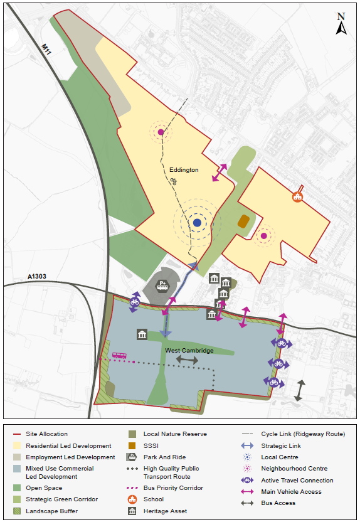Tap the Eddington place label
pyautogui.click(x=184, y=170)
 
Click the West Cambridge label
pyautogui.click(x=189, y=350)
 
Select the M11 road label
pyautogui.click(x=45, y=48)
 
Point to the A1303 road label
pyautogui.click(x=37, y=277)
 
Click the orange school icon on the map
pyautogui.click(x=297, y=196)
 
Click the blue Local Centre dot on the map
pyautogui.click(x=197, y=223)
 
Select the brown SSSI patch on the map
pyautogui.click(x=243, y=221)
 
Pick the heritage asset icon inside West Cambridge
pyautogui.click(x=142, y=334)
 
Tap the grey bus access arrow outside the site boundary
pyautogui.click(x=300, y=391)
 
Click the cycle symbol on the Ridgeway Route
pyautogui.click(x=174, y=182)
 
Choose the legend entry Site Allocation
pyautogui.click(x=48, y=434)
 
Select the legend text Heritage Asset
pyautogui.click(x=166, y=511)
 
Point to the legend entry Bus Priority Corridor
pyautogui.click(x=173, y=487)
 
